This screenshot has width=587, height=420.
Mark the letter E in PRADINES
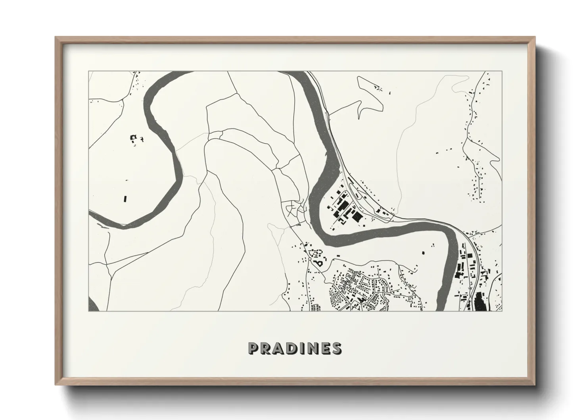point(324,348)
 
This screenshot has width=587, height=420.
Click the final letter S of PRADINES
point(336,348)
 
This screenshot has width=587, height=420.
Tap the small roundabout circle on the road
point(309,259)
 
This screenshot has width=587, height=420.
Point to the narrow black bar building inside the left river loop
point(125,198)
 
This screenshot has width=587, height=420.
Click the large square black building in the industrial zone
point(357,217)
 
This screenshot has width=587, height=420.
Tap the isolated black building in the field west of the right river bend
point(422,252)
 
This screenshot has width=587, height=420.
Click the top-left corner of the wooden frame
point(56,37)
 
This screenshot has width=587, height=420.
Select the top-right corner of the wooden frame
point(535,37)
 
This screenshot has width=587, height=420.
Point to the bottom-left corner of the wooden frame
point(56,385)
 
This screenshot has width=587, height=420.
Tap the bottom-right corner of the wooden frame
point(535,385)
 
